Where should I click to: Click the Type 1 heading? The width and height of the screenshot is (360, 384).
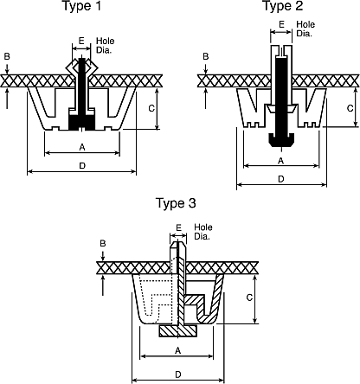(x=82, y=6)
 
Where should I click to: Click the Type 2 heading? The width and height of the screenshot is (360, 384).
(x=283, y=6)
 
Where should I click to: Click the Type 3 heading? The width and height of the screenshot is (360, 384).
(x=176, y=203)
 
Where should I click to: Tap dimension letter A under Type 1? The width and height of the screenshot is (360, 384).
(x=82, y=148)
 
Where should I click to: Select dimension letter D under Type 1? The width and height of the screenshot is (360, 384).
(x=82, y=166)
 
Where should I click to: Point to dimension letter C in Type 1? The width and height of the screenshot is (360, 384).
(x=151, y=108)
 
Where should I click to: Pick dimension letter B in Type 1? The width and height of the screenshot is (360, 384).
(x=7, y=56)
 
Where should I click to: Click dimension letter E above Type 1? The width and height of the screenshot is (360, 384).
(x=81, y=41)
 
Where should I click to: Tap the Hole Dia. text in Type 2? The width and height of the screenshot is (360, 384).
(x=305, y=29)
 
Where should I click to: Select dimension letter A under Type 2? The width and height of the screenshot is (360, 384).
(x=280, y=161)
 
